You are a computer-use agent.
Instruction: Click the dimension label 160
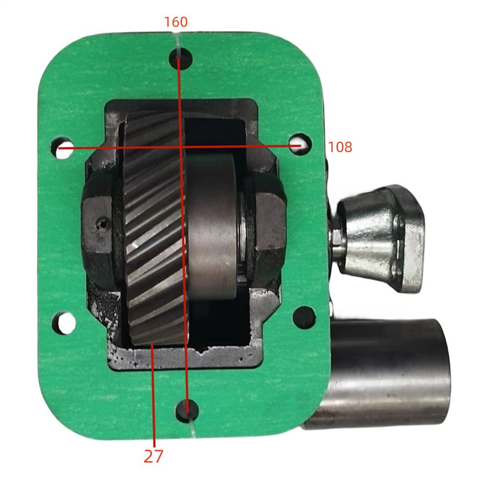(176, 22)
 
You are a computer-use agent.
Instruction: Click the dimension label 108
(340, 146)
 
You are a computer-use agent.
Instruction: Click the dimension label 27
(154, 456)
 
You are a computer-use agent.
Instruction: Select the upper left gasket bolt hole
(63, 149)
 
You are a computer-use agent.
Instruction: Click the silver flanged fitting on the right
(382, 236)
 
